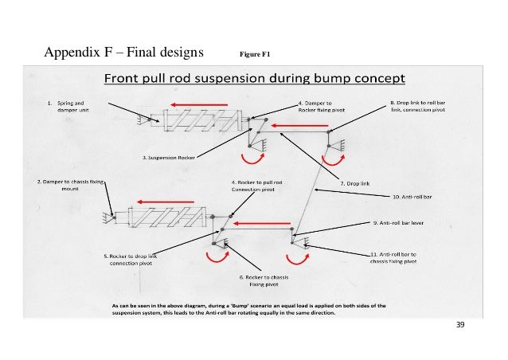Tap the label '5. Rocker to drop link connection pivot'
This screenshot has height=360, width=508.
tap(135, 259)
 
